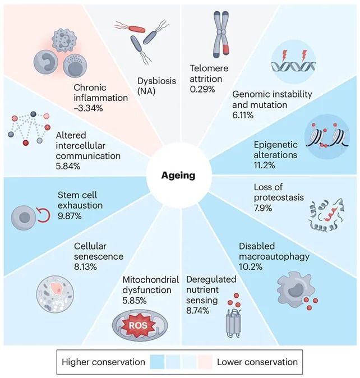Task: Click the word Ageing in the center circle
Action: (178, 176)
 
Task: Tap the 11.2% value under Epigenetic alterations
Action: (264, 165)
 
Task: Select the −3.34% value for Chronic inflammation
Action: (88, 108)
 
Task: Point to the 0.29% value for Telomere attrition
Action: (202, 89)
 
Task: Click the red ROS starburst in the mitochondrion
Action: (138, 325)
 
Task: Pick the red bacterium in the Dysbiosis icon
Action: (137, 29)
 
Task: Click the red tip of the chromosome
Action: (225, 50)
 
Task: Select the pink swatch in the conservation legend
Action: (205, 362)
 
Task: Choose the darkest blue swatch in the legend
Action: (157, 362)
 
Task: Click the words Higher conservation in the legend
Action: (103, 362)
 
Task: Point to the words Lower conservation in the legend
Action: (257, 362)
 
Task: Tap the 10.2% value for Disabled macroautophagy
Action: (251, 267)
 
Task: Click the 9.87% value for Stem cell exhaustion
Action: (70, 216)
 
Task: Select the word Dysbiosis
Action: (156, 81)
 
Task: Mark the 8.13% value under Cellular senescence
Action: (86, 267)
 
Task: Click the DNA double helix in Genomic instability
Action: (293, 66)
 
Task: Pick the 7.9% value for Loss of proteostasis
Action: (263, 208)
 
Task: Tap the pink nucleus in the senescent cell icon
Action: (57, 289)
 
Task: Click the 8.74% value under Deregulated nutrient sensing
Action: (197, 311)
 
